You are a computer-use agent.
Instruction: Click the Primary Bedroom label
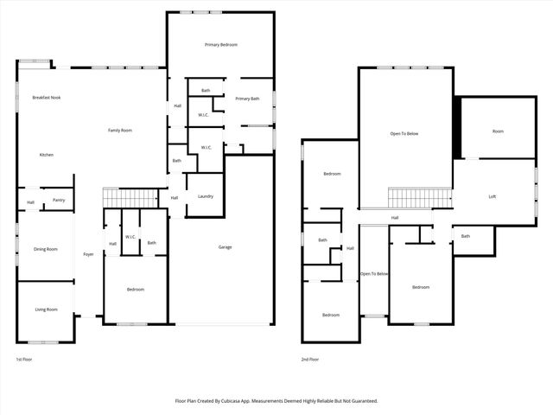coord(221,44)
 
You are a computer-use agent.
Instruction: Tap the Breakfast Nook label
coord(46,98)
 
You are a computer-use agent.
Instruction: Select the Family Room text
coord(120,130)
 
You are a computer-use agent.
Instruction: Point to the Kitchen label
coord(46,155)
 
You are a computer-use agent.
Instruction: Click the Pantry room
coord(59,200)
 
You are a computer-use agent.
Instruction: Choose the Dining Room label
coord(46,249)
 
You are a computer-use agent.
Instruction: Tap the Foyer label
coord(88,254)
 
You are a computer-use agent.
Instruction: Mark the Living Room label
coord(46,310)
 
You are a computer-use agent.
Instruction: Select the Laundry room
coord(205,196)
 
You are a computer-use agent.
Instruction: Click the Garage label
coord(225,247)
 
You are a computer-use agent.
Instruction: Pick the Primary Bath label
coord(247,99)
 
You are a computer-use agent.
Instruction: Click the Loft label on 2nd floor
coord(493,196)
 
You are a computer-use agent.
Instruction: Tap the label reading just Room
coord(498,131)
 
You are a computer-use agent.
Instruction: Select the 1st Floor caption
coord(25,359)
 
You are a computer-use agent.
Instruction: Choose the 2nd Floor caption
coord(310,359)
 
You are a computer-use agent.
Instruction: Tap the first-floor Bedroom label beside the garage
coord(136,290)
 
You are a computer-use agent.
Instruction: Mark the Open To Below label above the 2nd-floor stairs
coord(404,134)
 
